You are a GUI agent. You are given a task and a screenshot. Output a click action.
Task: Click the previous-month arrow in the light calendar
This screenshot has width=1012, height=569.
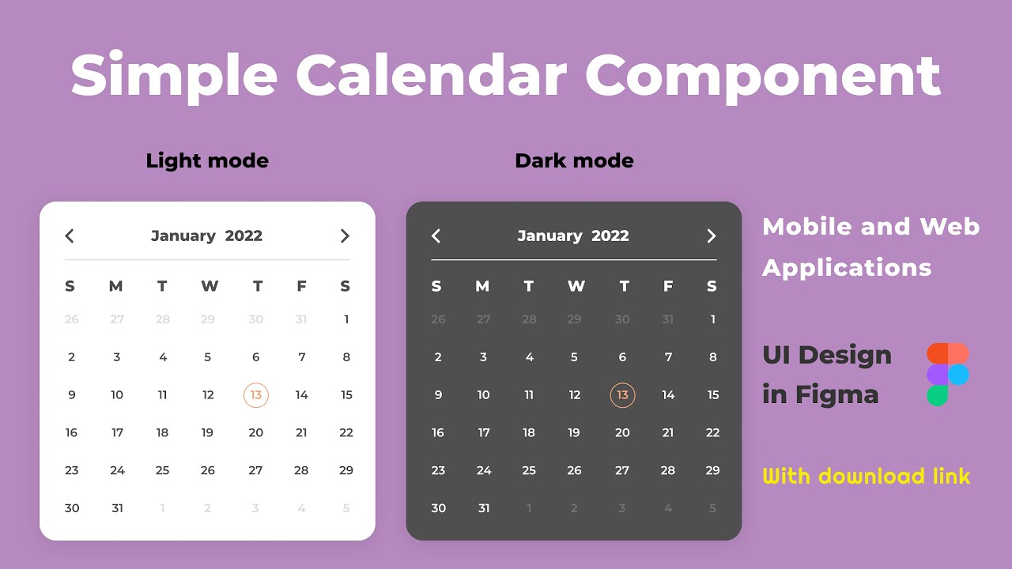pyautogui.click(x=70, y=236)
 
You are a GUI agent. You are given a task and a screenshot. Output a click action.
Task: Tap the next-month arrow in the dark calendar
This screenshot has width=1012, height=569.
pyautogui.click(x=711, y=236)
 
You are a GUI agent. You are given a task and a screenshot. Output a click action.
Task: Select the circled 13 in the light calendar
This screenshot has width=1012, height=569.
pyautogui.click(x=255, y=395)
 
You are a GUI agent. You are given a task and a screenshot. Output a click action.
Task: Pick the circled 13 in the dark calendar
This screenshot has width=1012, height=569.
pyautogui.click(x=622, y=395)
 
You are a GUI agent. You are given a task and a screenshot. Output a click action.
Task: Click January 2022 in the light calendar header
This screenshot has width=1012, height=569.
pyautogui.click(x=206, y=236)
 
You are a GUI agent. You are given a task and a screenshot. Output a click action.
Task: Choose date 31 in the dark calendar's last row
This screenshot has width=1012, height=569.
pyautogui.click(x=484, y=508)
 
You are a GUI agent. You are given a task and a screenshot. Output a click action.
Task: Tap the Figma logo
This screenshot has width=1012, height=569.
pyautogui.click(x=947, y=375)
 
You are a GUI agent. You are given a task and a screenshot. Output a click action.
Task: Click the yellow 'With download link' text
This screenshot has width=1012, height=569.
pyautogui.click(x=867, y=477)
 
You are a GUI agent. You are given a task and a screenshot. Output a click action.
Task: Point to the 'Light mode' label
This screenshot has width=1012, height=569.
pyautogui.click(x=207, y=161)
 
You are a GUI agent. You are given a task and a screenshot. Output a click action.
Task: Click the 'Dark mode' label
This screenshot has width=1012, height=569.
pyautogui.click(x=574, y=161)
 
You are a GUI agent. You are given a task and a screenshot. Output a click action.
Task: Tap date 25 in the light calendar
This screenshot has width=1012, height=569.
pyautogui.click(x=162, y=470)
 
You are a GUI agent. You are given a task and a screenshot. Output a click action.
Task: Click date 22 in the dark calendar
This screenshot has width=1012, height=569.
pyautogui.click(x=712, y=432)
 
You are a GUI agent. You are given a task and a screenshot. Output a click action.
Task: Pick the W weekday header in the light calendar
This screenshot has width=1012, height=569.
pyautogui.click(x=210, y=286)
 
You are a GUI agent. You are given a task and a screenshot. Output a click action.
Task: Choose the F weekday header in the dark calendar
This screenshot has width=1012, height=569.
pyautogui.click(x=668, y=286)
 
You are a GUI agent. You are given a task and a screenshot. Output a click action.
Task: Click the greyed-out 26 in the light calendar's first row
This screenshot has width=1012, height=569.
pyautogui.click(x=72, y=319)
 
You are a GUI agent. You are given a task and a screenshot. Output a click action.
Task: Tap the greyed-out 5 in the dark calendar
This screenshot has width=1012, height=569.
pyautogui.click(x=712, y=508)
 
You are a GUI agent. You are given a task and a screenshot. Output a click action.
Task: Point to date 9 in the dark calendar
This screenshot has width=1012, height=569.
pyautogui.click(x=438, y=395)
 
